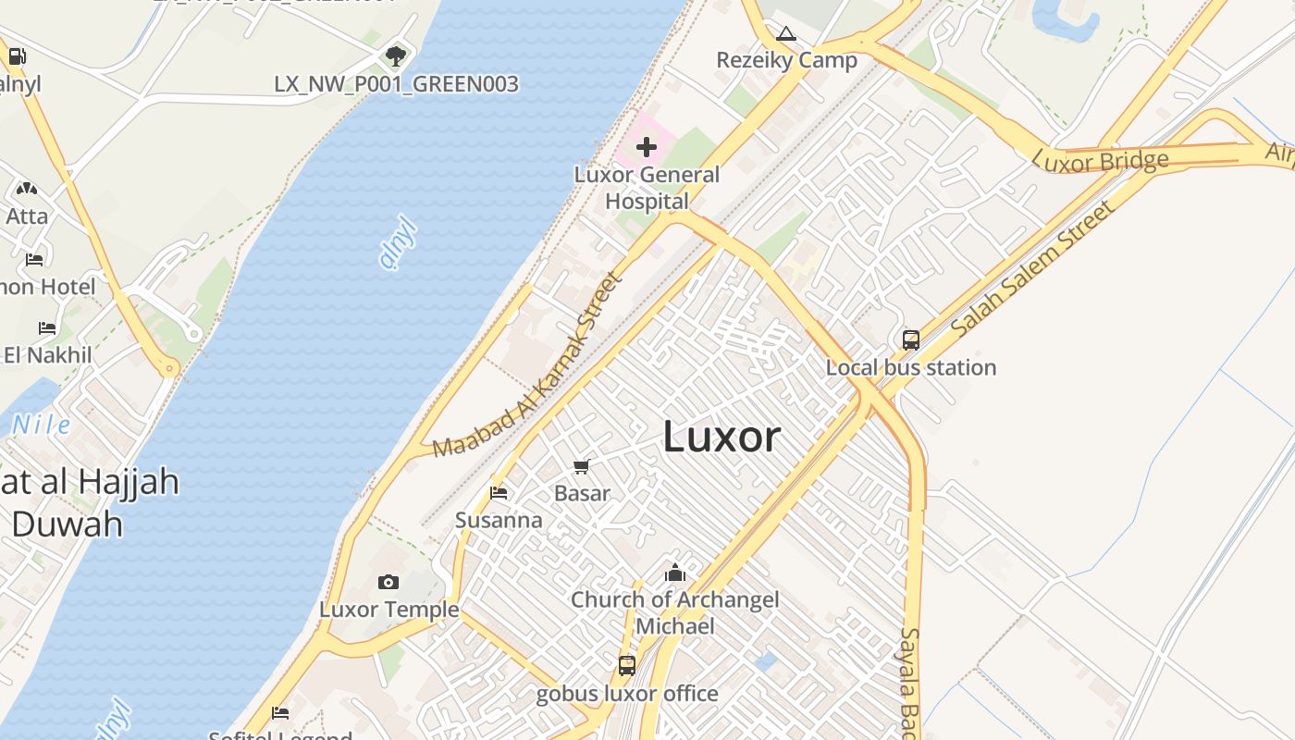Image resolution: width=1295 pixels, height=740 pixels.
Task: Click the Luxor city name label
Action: coord(721,437)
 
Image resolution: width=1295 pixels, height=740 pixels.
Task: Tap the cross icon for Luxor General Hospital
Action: coord(647,147)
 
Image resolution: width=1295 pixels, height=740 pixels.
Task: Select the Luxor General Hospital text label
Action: coord(647,187)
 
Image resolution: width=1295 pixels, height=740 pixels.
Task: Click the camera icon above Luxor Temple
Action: coord(388,582)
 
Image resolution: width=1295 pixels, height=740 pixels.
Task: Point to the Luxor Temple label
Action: coord(389,610)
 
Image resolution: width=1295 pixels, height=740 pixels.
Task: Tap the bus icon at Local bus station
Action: coord(911,340)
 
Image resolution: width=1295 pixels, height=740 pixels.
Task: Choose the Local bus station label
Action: coord(911,368)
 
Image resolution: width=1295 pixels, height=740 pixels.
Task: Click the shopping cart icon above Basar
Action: coord(581,467)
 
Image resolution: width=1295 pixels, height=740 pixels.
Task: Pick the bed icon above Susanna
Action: coord(499,493)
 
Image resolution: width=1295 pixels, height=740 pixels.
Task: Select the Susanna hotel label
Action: coord(499,520)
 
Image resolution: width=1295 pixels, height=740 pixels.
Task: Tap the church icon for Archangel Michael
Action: coord(675,573)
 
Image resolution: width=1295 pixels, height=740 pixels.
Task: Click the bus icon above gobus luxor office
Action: coord(627,665)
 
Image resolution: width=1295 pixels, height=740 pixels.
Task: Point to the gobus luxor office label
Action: coord(627,694)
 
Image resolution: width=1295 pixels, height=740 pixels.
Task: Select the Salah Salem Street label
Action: coord(1033,268)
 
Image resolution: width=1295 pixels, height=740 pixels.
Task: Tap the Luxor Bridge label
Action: coord(1100,162)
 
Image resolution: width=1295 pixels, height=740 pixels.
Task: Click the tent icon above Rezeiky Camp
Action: coord(786,34)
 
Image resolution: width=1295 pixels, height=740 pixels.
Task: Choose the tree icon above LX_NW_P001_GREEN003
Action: coord(396,56)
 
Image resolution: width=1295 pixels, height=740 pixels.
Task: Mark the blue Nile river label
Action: coord(41,425)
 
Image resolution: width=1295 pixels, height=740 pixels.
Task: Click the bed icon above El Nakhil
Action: coord(47,328)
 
